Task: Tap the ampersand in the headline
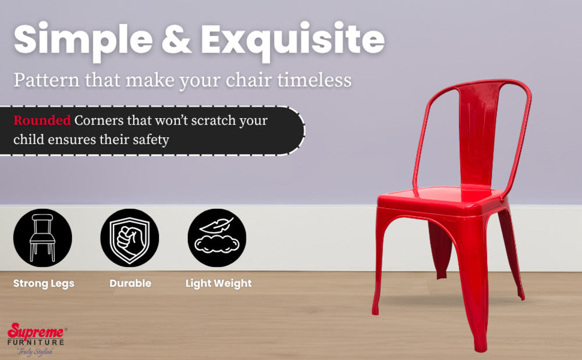[x=176, y=40]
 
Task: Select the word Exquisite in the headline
[x=293, y=40]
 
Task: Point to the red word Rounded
[x=42, y=120]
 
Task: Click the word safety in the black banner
[x=151, y=140]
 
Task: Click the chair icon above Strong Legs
[x=42, y=238]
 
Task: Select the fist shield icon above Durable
[x=130, y=238]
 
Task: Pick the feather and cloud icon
[x=217, y=238]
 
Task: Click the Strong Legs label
[x=44, y=284]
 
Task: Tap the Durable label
[x=130, y=283]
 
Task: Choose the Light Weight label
[x=219, y=284]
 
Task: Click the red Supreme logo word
[x=36, y=331]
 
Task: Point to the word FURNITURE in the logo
[x=36, y=342]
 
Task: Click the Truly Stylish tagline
[x=36, y=351]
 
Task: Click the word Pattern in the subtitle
[x=47, y=80]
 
